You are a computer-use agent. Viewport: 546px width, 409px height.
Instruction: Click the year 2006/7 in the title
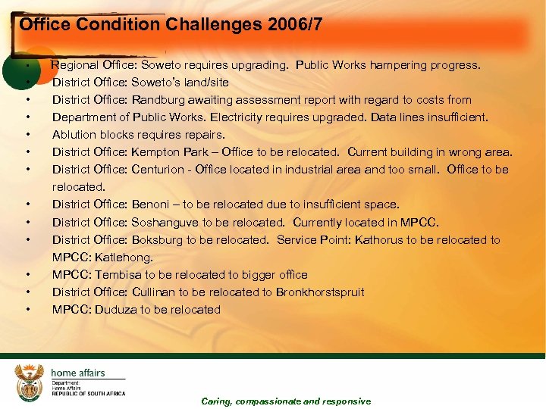pyautogui.click(x=295, y=24)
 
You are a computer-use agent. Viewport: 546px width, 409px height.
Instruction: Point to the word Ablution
pyautogui.click(x=74, y=135)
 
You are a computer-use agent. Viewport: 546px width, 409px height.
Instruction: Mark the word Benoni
pyautogui.click(x=148, y=204)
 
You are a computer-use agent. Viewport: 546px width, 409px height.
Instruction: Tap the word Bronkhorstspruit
pyautogui.click(x=320, y=292)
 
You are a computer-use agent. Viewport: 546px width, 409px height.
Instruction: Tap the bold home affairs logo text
pyautogui.click(x=77, y=373)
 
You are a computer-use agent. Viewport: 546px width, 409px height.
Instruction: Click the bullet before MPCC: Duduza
pyautogui.click(x=27, y=309)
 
